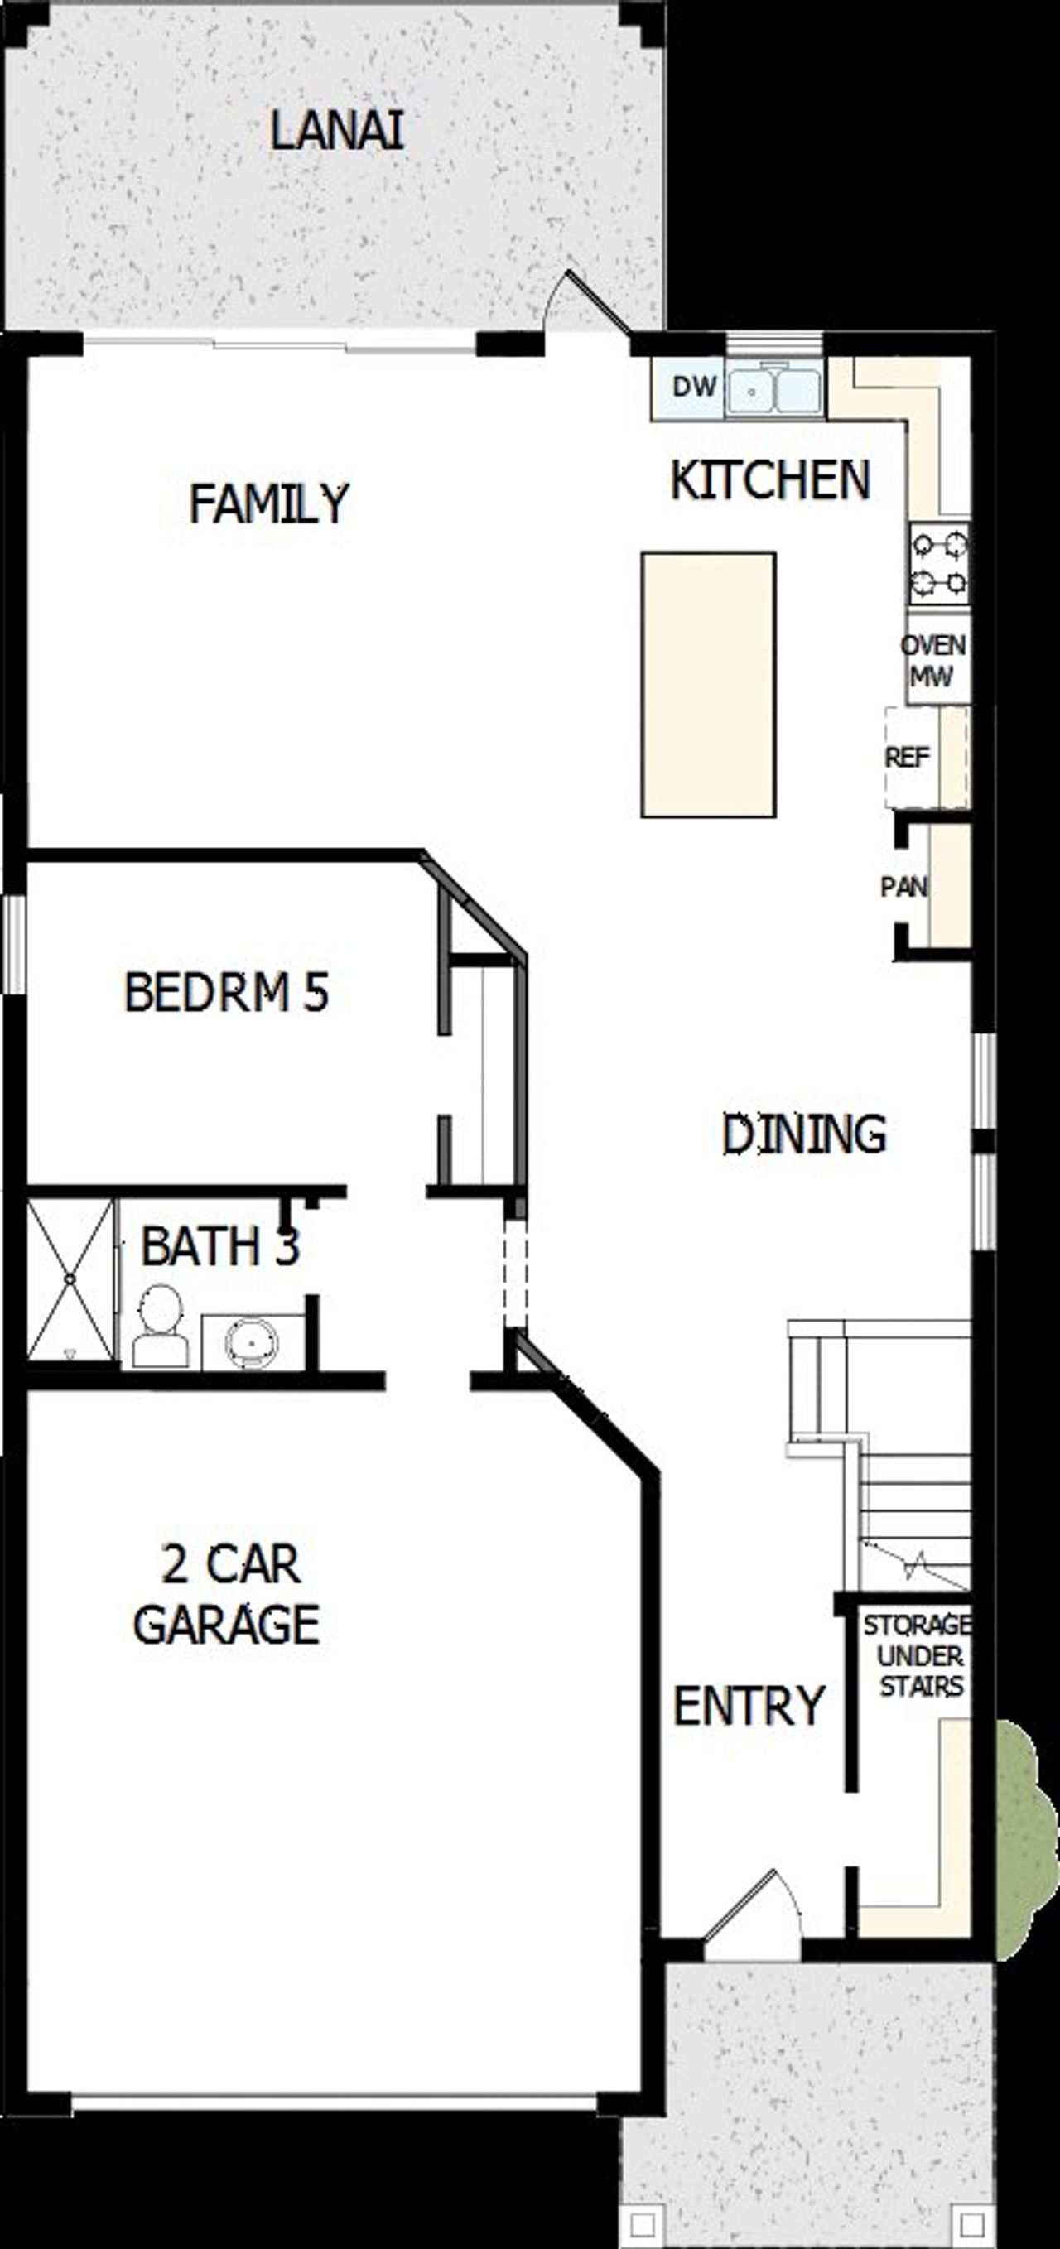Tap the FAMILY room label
269,503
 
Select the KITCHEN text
770,480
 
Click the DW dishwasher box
693,387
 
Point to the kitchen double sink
774,390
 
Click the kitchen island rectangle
708,685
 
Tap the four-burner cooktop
939,564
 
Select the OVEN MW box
933,660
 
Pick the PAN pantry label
904,887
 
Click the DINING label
804,1134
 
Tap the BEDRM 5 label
226,993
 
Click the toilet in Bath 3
161,1325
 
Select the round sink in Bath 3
252,1340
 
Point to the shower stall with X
70,1280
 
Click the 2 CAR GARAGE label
227,1594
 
